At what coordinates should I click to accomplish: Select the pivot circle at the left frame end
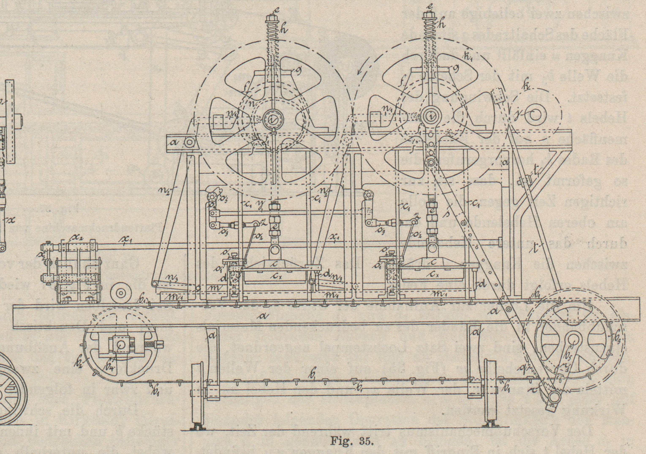pos(189,142)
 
